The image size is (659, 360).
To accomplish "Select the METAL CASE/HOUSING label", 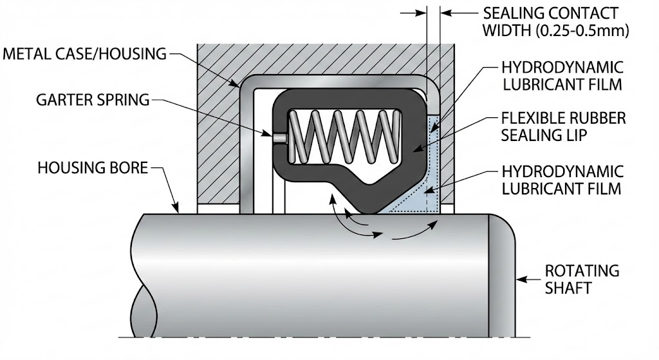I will [x=84, y=53].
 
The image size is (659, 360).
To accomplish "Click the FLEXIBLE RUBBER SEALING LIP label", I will [x=562, y=128].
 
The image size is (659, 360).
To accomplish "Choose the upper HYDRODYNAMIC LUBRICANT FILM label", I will [x=562, y=75].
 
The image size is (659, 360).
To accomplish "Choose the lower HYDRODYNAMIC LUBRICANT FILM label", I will [x=562, y=180].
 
